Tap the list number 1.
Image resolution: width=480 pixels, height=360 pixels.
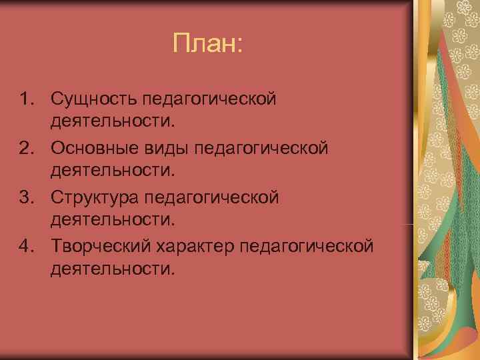coord(25,99)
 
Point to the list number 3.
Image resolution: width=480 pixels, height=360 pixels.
coord(25,198)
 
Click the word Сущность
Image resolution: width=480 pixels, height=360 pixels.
coord(91,99)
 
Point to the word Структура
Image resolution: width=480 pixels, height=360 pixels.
coord(95,198)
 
